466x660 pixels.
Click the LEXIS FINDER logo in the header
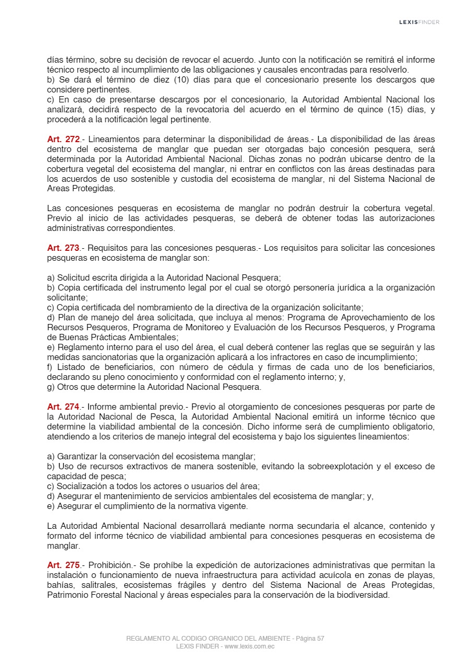coord(419,22)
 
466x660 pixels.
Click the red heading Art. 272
coord(63,140)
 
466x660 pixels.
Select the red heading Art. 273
coord(63,248)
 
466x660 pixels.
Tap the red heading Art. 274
coord(63,407)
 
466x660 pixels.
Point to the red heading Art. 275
coord(63,565)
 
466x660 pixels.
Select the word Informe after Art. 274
coord(102,407)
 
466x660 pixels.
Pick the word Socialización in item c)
coord(80,486)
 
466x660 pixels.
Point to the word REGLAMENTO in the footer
coord(149,639)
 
